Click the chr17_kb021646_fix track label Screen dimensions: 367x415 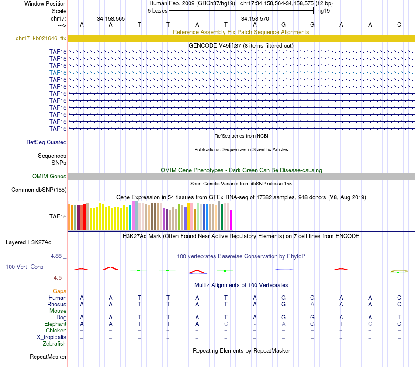tap(41, 38)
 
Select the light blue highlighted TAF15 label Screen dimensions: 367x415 tap(58, 73)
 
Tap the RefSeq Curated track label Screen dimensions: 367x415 tap(46, 142)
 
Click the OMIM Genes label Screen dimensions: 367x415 tap(49, 176)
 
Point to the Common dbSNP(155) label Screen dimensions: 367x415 tap(39, 190)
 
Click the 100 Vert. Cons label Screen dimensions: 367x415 tap(24, 267)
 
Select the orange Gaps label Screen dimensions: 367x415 tap(59, 291)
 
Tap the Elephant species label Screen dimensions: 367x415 tap(55, 324)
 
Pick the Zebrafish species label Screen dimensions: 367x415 tap(55, 344)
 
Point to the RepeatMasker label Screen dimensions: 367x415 tap(48, 357)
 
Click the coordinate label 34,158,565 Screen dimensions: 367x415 tap(111, 18)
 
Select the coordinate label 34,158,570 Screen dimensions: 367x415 tap(256, 18)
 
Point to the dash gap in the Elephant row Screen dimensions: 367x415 tap(255, 324)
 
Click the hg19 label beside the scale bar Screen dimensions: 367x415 tap(324, 10)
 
